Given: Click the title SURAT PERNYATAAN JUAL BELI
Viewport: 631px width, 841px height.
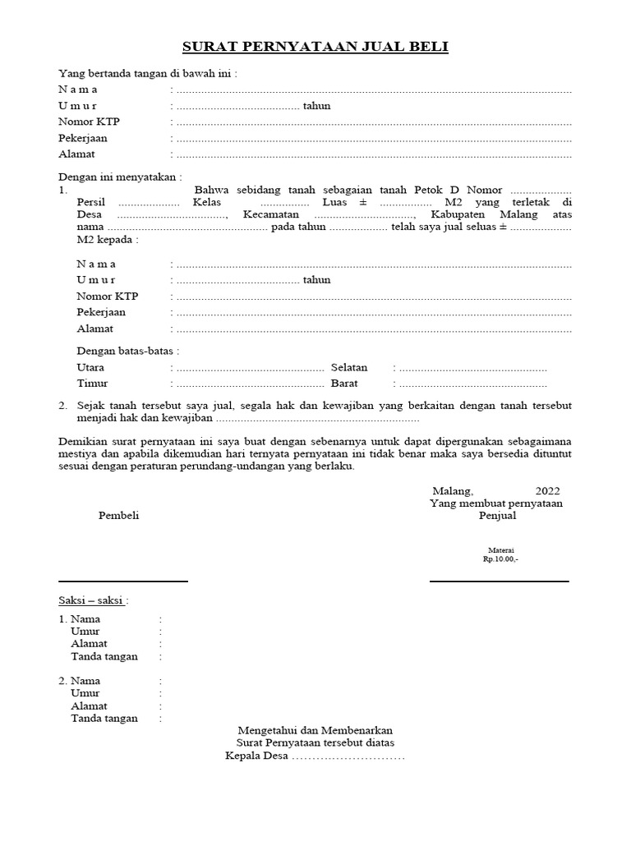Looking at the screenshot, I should click(315, 48).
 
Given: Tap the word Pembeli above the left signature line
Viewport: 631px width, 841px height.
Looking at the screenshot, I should click(119, 516).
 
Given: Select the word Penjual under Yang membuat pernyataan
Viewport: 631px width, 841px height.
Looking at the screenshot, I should click(498, 516).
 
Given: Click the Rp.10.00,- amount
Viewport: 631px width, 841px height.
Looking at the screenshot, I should click(500, 558).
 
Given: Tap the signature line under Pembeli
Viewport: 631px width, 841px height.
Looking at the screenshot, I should click(123, 581).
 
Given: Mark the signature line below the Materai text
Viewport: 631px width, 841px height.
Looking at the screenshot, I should click(499, 581).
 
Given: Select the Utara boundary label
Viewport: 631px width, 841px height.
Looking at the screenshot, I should click(90, 368).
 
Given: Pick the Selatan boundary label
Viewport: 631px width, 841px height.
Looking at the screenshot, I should click(349, 368).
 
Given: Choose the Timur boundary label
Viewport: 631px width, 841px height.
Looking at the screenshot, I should click(92, 384).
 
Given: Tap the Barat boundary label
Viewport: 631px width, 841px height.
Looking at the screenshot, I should click(345, 384).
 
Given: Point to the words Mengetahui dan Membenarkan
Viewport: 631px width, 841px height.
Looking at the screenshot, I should click(315, 729).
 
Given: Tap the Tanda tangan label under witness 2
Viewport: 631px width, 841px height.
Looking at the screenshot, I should click(104, 719).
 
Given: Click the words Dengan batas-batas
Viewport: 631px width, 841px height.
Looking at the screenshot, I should click(127, 352).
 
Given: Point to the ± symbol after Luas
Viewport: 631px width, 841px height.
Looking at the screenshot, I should click(362, 202).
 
